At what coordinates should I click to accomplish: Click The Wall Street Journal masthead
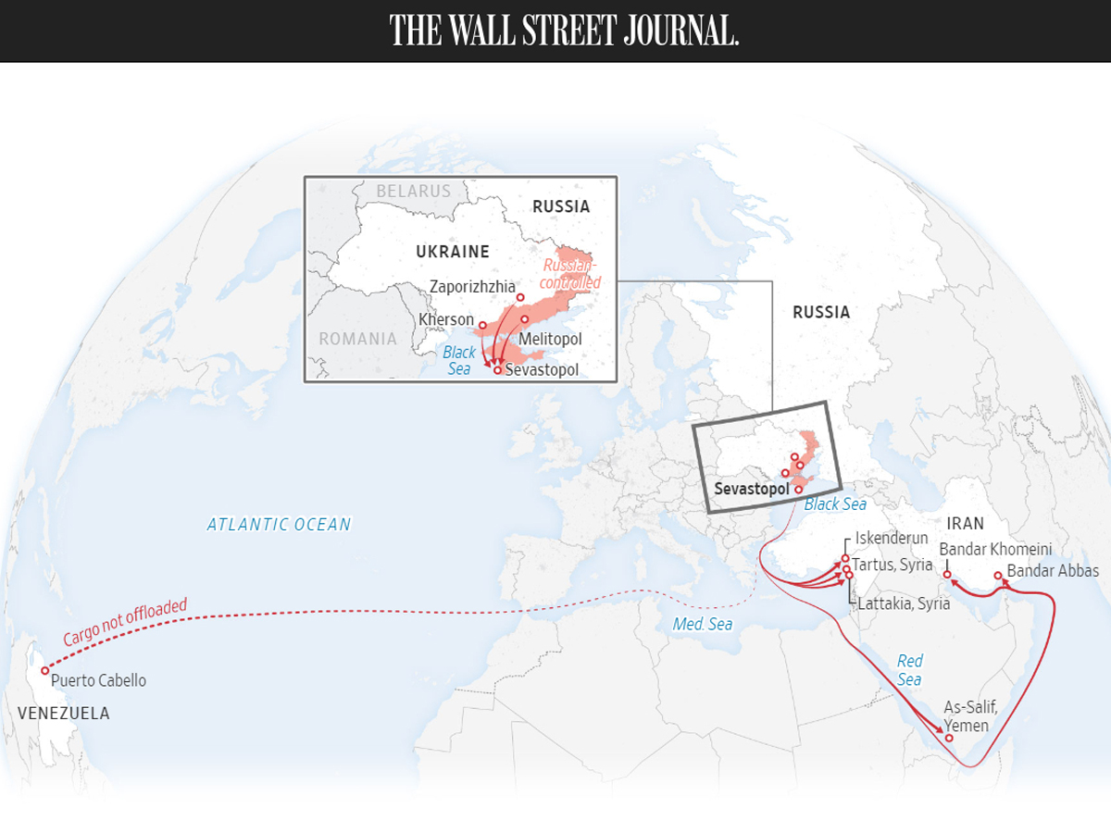point(564,31)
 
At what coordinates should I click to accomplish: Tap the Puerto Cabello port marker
point(44,670)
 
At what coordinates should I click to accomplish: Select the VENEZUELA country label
point(63,714)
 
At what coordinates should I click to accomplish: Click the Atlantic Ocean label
point(279,525)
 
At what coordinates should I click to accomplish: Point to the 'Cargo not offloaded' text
point(125,623)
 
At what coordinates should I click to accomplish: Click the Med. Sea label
point(702,625)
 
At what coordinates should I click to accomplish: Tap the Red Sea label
point(909,670)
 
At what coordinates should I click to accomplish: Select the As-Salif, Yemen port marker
point(949,738)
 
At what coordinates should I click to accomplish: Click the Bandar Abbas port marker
point(998,576)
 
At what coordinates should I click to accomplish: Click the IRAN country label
point(966,524)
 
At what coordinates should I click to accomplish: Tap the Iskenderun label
point(892,538)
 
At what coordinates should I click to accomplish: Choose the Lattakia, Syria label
point(904,603)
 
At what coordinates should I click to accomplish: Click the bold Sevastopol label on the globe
point(752,488)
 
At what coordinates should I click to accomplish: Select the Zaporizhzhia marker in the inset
point(520,298)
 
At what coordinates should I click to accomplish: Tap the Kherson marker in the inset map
point(481,326)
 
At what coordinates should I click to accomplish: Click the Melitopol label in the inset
point(550,340)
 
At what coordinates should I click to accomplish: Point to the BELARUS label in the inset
point(413,192)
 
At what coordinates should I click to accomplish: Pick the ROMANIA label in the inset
point(357,339)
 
